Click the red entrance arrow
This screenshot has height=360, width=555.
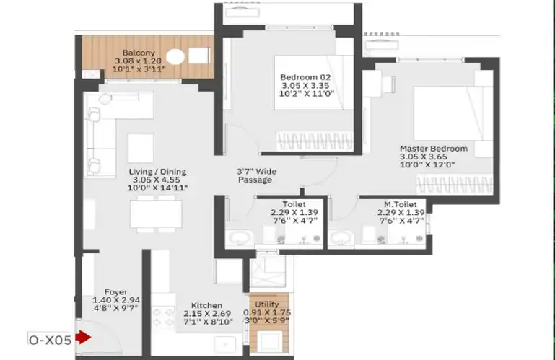(x=84, y=337)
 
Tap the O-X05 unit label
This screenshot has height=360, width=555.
(x=51, y=341)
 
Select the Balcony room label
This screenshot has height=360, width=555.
(x=139, y=53)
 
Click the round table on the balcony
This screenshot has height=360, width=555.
(x=175, y=57)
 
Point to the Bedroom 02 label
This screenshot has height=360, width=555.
(x=305, y=77)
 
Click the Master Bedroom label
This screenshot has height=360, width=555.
(x=434, y=149)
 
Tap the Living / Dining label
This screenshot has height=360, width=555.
(x=157, y=172)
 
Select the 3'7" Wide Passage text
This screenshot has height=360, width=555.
(x=256, y=175)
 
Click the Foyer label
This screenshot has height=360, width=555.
(x=115, y=292)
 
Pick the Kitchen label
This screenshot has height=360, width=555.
(x=206, y=305)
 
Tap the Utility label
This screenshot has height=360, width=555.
(x=267, y=304)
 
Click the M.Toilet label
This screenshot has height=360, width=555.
(x=401, y=204)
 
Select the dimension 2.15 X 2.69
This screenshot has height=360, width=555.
(x=207, y=314)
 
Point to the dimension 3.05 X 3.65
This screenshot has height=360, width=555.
(x=424, y=157)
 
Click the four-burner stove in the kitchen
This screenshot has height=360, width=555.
(x=163, y=317)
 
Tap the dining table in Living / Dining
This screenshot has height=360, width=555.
(x=156, y=214)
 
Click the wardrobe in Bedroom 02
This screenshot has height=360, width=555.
(x=315, y=141)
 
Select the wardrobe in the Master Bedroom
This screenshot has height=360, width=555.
(x=454, y=185)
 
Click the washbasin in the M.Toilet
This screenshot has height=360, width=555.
(x=341, y=238)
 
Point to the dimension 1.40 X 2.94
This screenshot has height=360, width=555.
(x=116, y=301)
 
